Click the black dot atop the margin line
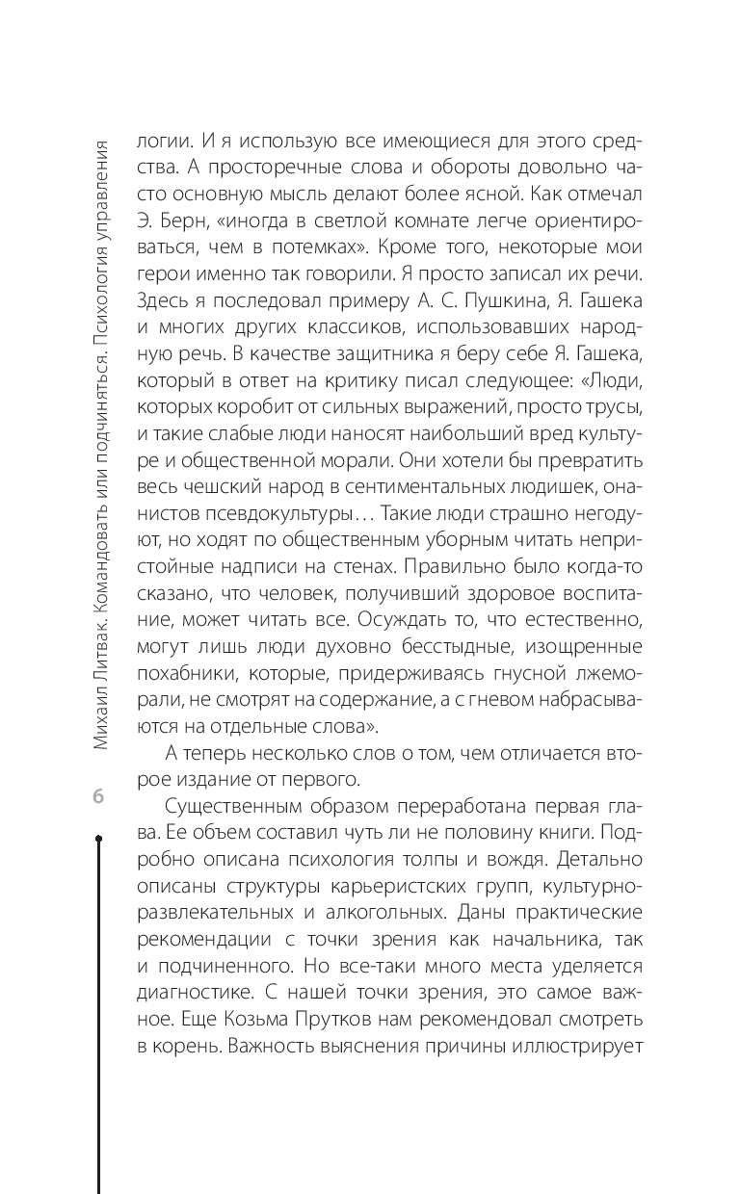tap(98, 840)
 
